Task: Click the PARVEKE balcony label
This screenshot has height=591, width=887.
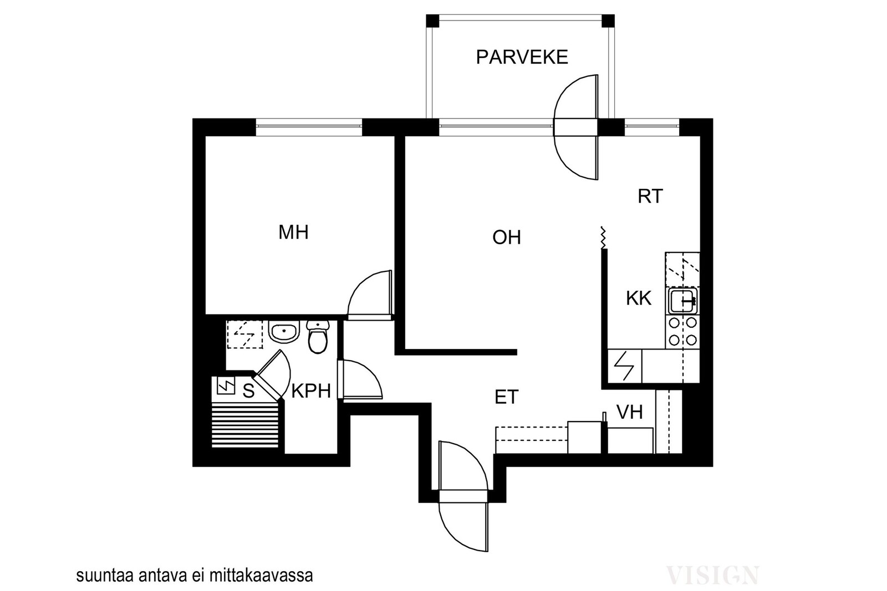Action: tap(522, 58)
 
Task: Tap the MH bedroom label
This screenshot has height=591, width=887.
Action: tap(293, 232)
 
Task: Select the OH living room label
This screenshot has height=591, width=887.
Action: tap(507, 238)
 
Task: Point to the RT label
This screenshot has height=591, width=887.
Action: tap(650, 196)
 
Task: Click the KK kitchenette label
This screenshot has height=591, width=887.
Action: tap(639, 298)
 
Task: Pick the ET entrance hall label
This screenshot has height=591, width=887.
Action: tap(507, 397)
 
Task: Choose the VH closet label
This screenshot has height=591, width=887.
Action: tap(630, 412)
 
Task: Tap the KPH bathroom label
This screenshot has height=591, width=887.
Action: tap(311, 391)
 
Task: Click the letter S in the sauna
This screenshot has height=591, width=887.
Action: tap(248, 391)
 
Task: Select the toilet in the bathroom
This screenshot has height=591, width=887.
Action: tap(318, 336)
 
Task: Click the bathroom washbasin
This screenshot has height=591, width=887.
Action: tap(284, 331)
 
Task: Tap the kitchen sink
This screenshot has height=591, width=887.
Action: tap(682, 301)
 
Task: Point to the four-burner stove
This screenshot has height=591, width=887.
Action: tap(682, 331)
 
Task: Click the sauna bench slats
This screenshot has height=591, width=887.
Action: tap(245, 425)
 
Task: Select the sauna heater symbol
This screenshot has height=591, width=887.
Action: tap(226, 386)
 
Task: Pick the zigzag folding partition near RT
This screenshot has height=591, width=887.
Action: tap(603, 238)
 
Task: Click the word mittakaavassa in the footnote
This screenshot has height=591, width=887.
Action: tap(261, 575)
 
